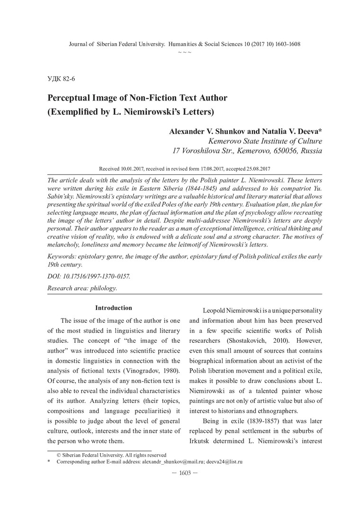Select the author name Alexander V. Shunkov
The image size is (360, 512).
tap(202, 131)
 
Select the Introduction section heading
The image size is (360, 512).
tap(114, 308)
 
